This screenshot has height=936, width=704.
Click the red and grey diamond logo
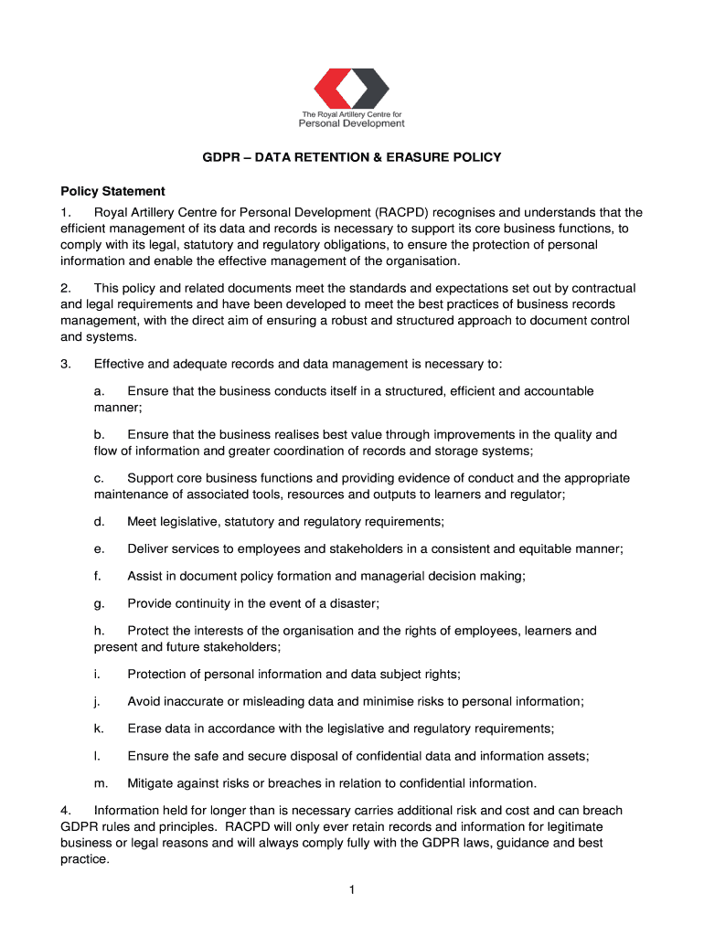352,87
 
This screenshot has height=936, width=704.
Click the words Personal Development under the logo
353,122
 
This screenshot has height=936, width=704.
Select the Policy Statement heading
112,191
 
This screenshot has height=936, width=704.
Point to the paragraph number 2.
65,288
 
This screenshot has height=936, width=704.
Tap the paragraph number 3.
65,363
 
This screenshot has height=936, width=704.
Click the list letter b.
99,434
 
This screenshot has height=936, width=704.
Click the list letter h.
99,631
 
